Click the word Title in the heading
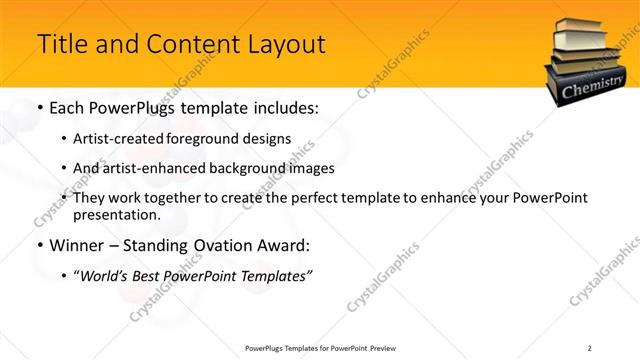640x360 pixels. click(59, 45)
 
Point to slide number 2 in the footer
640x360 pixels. click(589, 347)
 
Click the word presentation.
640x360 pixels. click(117, 215)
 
